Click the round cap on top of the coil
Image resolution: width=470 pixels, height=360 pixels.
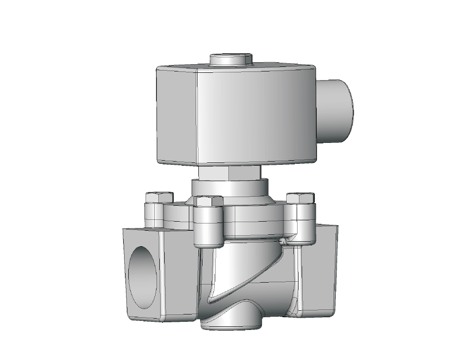pyautogui.click(x=231, y=60)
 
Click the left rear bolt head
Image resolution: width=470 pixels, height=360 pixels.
pyautogui.click(x=159, y=197)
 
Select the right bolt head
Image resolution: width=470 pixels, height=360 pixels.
pyautogui.click(x=300, y=198)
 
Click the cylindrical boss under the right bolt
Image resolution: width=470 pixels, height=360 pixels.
pyautogui.click(x=302, y=223)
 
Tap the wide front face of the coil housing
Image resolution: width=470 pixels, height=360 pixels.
pyautogui.click(x=255, y=116)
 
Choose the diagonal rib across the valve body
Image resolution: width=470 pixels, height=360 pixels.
pyautogui.click(x=246, y=273)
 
